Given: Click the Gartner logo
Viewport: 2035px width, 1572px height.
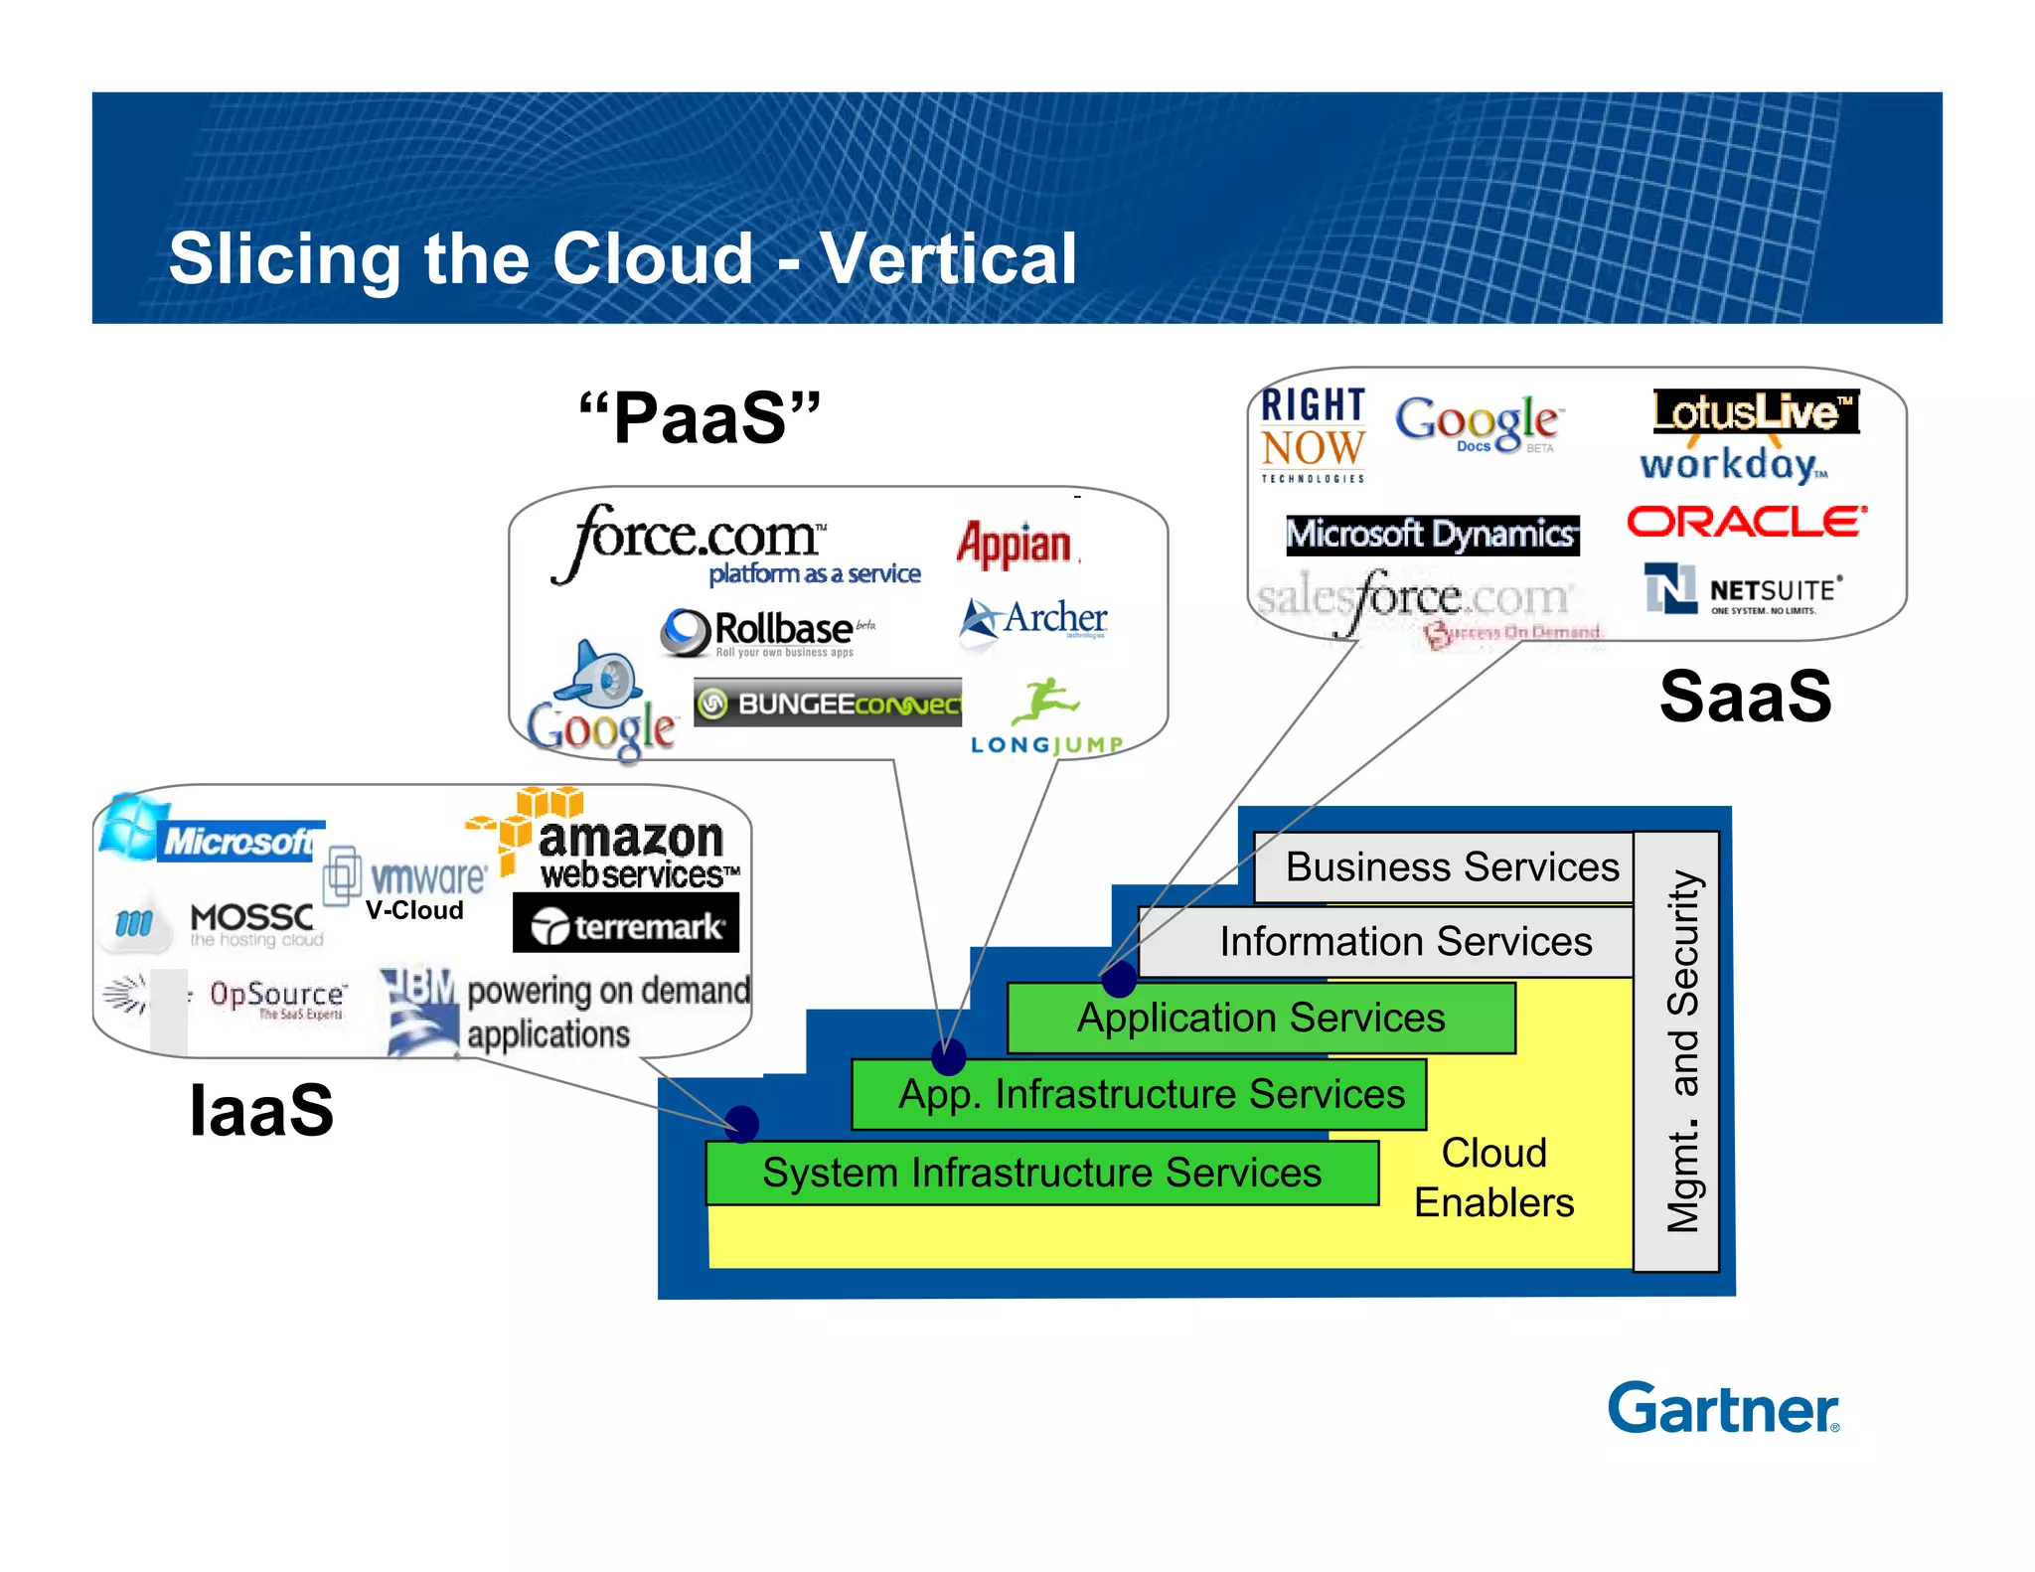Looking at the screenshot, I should [1722, 1408].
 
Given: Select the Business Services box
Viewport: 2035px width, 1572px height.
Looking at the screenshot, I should [1451, 866].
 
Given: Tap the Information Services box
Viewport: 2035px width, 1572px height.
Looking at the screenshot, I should [1405, 941].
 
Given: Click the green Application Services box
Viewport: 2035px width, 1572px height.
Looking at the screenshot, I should [1260, 1018].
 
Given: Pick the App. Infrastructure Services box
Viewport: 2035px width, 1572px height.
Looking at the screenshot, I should [1151, 1094].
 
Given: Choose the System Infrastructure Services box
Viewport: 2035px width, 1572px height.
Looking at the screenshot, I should [1041, 1173].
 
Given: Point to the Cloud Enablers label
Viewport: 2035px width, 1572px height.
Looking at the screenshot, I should [1493, 1178].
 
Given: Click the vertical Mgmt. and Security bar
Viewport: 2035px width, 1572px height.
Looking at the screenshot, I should [1678, 1051].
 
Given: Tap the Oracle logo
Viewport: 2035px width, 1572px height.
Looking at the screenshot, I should [1746, 522].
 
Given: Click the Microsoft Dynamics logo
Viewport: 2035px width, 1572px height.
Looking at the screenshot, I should [1431, 535].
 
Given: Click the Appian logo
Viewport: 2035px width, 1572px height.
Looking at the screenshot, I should [1015, 545].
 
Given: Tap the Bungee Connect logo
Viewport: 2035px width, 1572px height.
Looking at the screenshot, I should [828, 704].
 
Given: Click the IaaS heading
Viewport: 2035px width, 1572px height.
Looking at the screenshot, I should [261, 1110].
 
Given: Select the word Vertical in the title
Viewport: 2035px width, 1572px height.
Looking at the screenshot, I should [949, 258].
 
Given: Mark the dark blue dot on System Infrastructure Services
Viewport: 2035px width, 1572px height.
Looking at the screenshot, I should [741, 1124].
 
